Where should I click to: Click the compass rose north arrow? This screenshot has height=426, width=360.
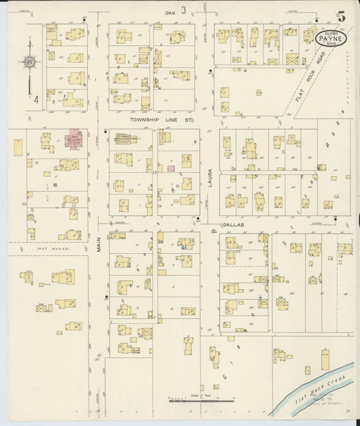click(x=30, y=63)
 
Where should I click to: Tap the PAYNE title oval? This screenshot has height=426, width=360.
click(x=331, y=38)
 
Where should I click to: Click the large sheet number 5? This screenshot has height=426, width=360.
click(x=341, y=17)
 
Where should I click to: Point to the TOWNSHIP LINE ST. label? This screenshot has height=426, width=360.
click(x=162, y=119)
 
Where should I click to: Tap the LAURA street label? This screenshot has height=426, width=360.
click(x=210, y=177)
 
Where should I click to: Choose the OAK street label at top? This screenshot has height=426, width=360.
click(x=170, y=12)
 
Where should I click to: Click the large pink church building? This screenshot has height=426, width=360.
click(x=73, y=140)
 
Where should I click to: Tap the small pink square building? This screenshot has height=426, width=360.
click(x=172, y=167)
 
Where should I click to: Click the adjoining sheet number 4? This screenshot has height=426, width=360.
click(x=35, y=98)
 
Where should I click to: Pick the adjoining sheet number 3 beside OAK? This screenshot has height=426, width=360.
click(x=182, y=10)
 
